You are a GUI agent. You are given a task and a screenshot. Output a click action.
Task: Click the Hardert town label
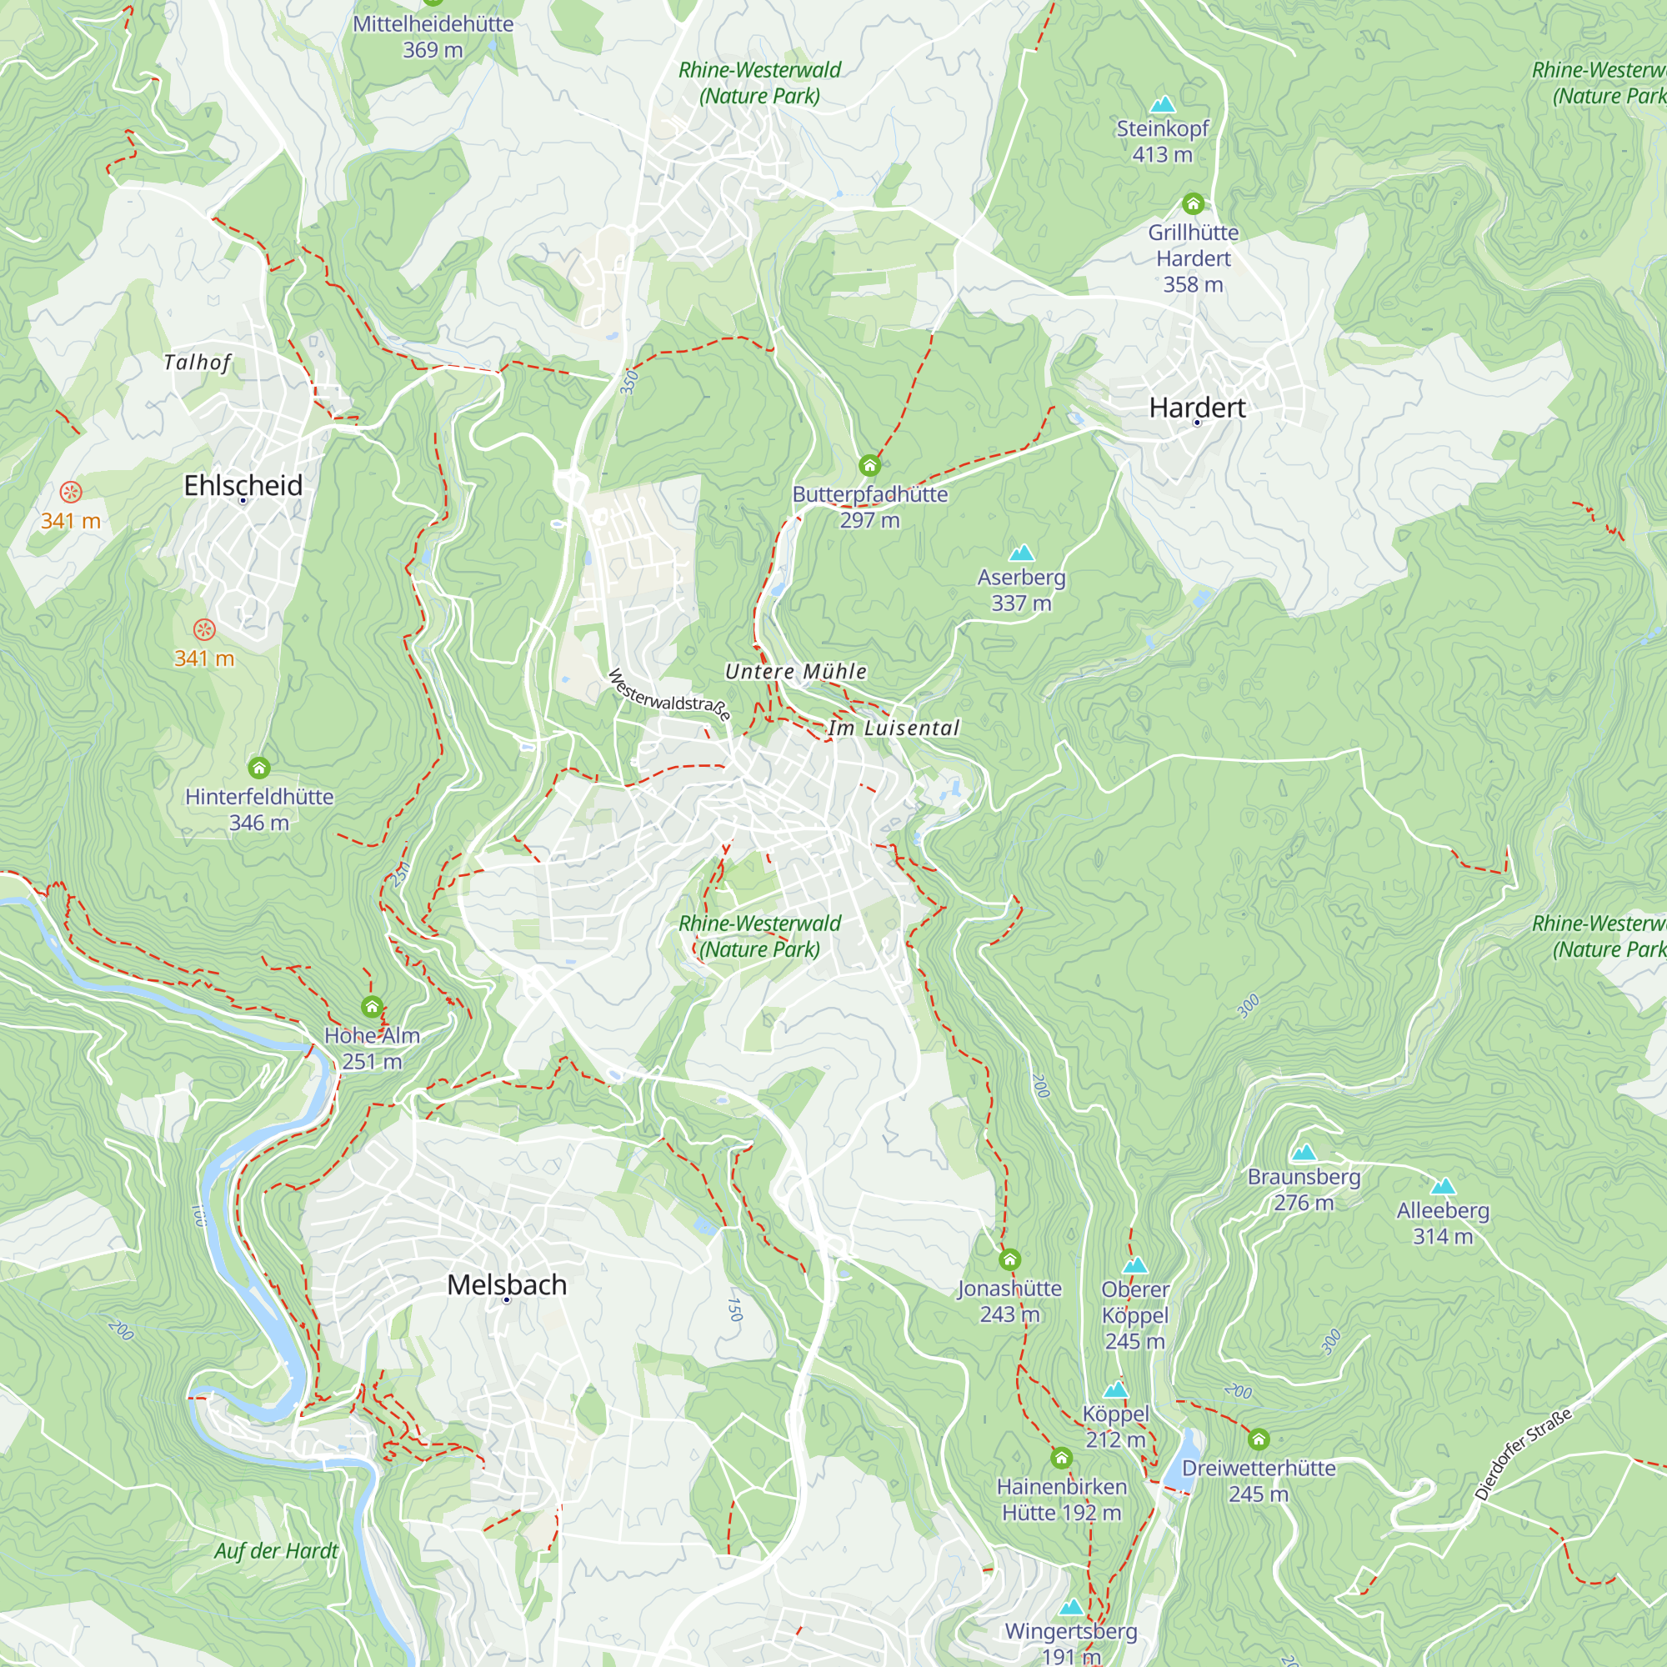[1197, 408]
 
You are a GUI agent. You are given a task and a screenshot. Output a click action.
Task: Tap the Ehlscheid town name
[243, 485]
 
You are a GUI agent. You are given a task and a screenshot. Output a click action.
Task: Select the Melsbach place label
[507, 1284]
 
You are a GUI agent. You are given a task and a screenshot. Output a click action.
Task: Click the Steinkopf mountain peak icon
[1162, 104]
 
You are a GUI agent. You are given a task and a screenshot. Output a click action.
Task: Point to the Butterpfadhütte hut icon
[869, 466]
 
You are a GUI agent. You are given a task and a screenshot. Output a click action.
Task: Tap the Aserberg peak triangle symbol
[1022, 553]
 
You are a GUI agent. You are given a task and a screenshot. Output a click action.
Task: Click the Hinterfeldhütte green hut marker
[259, 768]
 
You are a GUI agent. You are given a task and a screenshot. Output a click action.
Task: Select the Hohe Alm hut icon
[372, 1007]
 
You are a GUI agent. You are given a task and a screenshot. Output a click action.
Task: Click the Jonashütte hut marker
[1009, 1259]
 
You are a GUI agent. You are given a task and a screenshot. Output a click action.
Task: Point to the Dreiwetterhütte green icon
[1259, 1439]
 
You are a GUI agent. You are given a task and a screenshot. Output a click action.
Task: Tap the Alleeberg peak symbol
[1443, 1186]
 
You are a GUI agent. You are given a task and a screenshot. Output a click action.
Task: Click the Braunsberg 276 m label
[1304, 1189]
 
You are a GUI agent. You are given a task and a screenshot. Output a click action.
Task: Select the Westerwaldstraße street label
[668, 694]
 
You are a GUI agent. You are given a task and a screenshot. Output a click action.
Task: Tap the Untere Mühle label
[795, 671]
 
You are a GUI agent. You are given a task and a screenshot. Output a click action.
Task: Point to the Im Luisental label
[894, 728]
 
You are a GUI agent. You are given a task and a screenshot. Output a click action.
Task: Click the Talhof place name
[198, 363]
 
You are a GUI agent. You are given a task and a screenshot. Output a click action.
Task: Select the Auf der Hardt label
[276, 1550]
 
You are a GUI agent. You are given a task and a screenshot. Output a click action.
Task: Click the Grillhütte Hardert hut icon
[1194, 203]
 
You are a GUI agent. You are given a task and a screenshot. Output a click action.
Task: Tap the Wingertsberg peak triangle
[1071, 1607]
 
